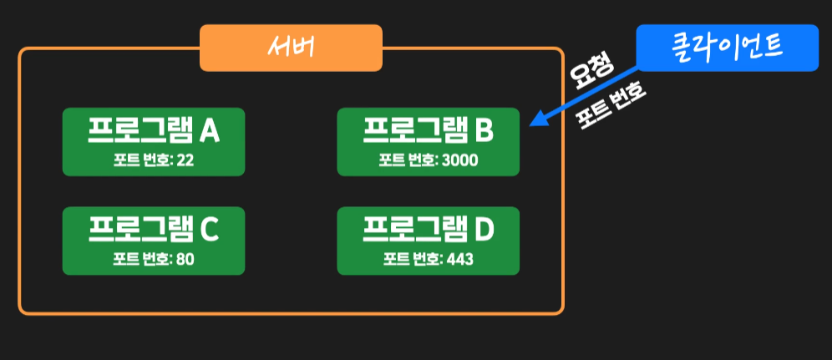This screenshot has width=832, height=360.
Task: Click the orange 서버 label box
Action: coord(291,48)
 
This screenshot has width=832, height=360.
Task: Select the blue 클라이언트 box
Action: coord(727,48)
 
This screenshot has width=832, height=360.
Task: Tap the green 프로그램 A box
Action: coord(154,141)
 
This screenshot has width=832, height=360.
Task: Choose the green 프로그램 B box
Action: coord(428,141)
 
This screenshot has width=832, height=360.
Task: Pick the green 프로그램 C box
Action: coord(154,241)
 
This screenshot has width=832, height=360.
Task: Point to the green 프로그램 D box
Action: coord(428,241)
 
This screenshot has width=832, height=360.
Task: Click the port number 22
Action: coord(185,160)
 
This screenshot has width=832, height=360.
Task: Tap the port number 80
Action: coord(185,259)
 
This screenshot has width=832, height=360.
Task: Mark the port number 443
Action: coord(459,259)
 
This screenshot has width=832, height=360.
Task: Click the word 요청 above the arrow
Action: coord(592,74)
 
